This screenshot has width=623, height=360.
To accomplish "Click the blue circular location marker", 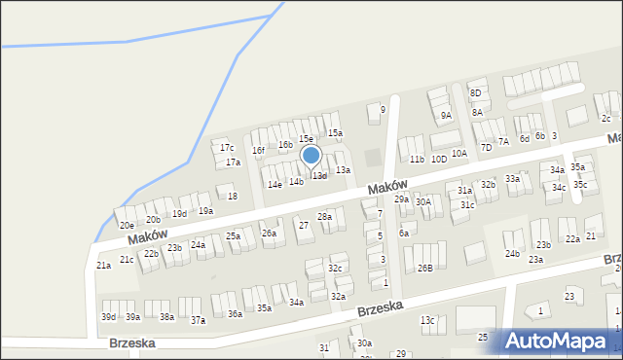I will click(311, 155).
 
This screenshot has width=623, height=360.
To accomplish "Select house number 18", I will click(232, 197).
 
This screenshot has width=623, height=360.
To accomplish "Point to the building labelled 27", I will click(304, 226).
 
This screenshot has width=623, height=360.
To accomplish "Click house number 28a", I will click(325, 216).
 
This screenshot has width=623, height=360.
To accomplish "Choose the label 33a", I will click(512, 179).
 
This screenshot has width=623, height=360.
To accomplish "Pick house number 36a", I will click(235, 314).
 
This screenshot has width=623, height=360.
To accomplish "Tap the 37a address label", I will click(198, 320).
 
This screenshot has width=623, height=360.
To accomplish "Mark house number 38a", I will click(166, 317).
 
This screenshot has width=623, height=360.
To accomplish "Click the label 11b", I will click(417, 159).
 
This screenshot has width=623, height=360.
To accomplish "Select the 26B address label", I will click(425, 268).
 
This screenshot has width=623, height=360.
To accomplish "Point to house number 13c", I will click(427, 320).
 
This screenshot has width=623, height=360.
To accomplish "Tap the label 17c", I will click(227, 148).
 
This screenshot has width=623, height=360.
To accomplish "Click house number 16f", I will click(258, 151).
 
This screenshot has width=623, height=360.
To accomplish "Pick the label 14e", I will click(275, 184).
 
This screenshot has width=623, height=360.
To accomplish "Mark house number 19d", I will click(179, 214).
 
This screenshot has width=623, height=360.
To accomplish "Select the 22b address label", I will click(151, 254).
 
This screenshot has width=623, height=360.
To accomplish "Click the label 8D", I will click(475, 93).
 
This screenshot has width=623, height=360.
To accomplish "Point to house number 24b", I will click(512, 254).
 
